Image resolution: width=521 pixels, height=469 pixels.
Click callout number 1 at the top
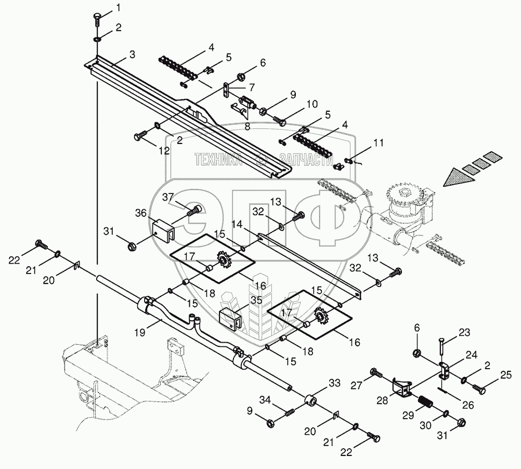pos(118,7)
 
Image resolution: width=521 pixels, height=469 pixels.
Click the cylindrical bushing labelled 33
pos(312,402)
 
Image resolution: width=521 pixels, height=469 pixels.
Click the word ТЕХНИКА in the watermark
pos(218,161)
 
